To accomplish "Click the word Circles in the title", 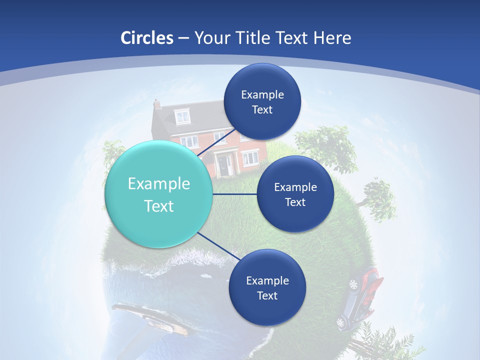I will [147, 38].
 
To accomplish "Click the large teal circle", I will [159, 194].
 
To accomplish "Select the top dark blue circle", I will [262, 101].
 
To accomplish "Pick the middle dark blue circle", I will [295, 194].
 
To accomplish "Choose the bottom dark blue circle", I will [267, 287].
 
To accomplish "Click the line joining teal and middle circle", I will [235, 194].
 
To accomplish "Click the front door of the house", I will [223, 165].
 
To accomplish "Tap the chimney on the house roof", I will [157, 104].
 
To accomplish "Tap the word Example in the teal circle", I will [159, 184].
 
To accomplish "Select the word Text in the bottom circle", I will [267, 295].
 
